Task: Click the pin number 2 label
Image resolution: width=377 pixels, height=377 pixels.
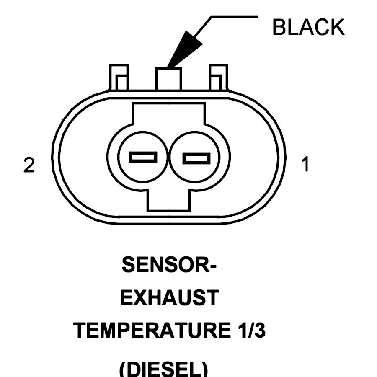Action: tap(28, 165)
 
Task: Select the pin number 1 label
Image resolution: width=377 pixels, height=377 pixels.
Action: tap(305, 165)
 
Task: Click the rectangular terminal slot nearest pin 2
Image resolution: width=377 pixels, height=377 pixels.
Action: tap(143, 158)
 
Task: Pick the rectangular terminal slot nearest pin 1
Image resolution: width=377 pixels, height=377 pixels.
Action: tap(196, 158)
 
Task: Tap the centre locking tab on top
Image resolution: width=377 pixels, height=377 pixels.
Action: tap(168, 79)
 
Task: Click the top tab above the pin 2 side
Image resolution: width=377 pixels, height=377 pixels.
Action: tap(119, 77)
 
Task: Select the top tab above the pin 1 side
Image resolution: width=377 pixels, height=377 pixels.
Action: tap(218, 77)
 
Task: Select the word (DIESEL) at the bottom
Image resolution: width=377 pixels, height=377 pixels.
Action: tap(164, 369)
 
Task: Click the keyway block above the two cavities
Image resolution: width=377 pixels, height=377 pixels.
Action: tap(168, 115)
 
